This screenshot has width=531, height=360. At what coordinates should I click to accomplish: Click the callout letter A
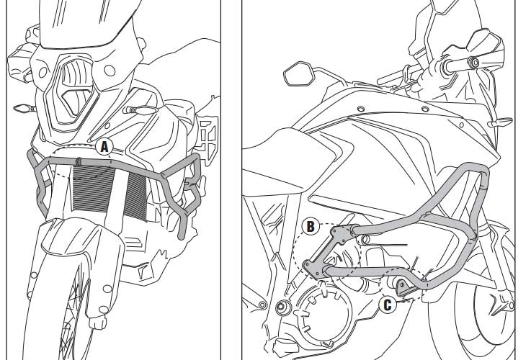(104, 147)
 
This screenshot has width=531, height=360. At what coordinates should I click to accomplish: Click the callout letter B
(311, 227)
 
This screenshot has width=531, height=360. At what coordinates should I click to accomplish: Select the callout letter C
(388, 305)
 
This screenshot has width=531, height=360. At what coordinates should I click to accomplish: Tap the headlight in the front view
(75, 89)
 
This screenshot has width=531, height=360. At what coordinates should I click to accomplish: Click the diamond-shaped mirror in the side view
(299, 73)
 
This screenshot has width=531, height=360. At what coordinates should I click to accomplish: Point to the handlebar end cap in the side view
(473, 62)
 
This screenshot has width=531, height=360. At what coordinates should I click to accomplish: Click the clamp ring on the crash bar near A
(79, 162)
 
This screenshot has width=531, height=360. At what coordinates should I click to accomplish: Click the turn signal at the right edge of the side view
(500, 122)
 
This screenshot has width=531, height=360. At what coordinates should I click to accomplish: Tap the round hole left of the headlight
(43, 73)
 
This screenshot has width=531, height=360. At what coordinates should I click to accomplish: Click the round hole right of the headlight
(110, 71)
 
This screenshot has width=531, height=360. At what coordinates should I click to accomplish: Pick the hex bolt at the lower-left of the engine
(281, 307)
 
